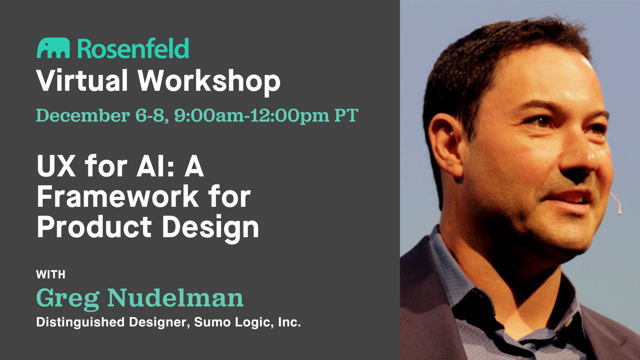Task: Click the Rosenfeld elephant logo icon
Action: click(x=53, y=48)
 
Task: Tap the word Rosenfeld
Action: click(x=133, y=49)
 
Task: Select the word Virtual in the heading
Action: click(x=82, y=81)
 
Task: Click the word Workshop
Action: click(x=209, y=82)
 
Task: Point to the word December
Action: click(x=83, y=116)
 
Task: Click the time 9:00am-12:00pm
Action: click(x=251, y=116)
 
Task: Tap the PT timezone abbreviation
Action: click(x=346, y=116)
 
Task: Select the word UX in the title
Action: click(x=56, y=166)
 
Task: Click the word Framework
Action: click(x=118, y=196)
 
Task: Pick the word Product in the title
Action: click(x=94, y=227)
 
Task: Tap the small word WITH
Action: click(x=51, y=274)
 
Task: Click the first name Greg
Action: click(x=68, y=298)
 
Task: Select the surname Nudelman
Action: click(x=175, y=298)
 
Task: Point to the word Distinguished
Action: click(x=80, y=322)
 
